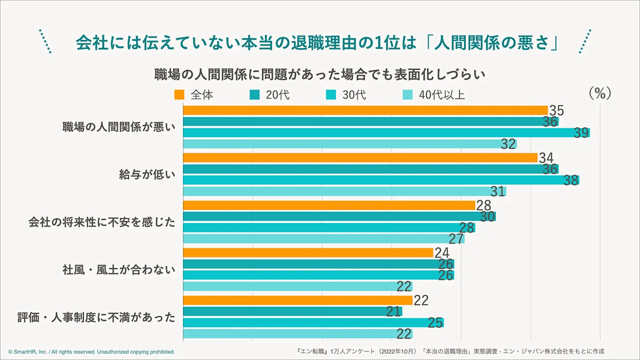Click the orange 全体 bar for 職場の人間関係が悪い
[365, 111]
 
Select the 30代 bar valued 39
[386, 133]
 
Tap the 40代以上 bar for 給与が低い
[344, 192]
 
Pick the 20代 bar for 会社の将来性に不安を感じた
[339, 216]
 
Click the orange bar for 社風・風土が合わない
[308, 253]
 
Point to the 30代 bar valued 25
[313, 322]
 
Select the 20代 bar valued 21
[292, 311]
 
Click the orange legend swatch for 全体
[179, 95]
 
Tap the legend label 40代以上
[441, 95]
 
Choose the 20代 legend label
[278, 95]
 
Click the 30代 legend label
[354, 95]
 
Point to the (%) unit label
[600, 93]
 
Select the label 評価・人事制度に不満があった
[96, 317]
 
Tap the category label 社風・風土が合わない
[119, 270]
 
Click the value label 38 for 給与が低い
[571, 180]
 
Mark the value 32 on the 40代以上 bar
[508, 144]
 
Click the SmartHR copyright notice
[91, 352]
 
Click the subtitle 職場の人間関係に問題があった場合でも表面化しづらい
[320, 74]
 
